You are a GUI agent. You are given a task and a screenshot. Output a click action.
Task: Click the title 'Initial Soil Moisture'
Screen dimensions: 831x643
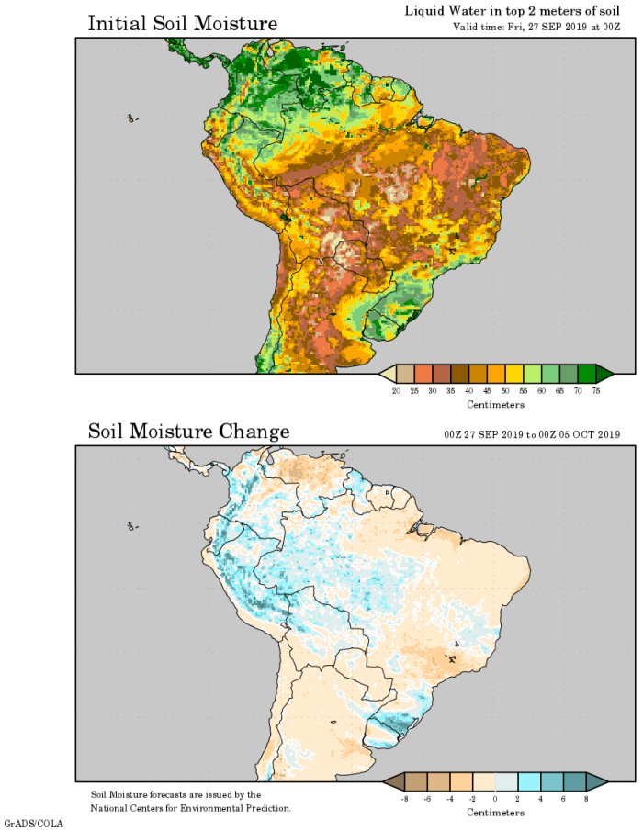coord(182,24)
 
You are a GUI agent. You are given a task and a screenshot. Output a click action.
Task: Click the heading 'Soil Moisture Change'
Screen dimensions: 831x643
coord(188,432)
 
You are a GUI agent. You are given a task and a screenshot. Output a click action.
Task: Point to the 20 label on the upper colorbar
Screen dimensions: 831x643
coord(396,391)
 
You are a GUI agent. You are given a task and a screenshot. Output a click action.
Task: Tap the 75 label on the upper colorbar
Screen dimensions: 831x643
coord(595,391)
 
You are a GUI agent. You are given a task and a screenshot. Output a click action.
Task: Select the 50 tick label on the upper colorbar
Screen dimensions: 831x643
coord(496,391)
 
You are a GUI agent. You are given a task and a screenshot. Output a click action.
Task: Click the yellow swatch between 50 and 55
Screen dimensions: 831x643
coord(505,374)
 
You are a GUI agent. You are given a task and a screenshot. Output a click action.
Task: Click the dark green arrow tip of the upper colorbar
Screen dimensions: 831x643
coord(604,374)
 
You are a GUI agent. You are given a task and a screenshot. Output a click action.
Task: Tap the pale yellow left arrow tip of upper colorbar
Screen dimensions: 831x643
coord(387,374)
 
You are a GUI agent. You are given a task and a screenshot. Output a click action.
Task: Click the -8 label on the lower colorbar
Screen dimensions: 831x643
coord(404,800)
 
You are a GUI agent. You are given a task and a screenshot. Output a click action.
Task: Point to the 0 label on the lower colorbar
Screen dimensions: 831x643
coord(495,800)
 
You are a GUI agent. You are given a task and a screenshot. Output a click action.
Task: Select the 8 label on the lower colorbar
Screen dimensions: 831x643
coord(585,800)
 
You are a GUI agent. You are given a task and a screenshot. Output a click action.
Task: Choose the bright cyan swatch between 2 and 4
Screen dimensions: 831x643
coord(528,781)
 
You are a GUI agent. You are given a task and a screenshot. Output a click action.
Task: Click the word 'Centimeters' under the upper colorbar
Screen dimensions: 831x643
coord(495,405)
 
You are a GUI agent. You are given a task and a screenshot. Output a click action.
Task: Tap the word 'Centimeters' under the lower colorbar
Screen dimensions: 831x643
coord(495,813)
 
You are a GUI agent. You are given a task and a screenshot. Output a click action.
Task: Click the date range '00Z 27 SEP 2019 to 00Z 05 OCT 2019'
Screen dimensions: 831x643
coord(530,434)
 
